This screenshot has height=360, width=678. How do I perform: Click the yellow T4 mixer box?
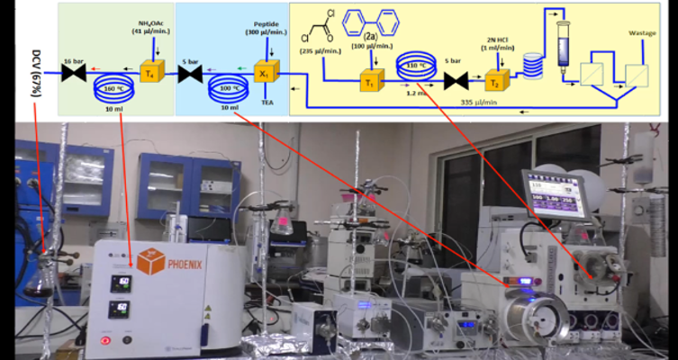[149, 73]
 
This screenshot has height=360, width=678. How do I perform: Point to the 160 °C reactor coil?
[116, 86]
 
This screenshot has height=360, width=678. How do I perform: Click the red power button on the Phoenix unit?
[105, 338]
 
